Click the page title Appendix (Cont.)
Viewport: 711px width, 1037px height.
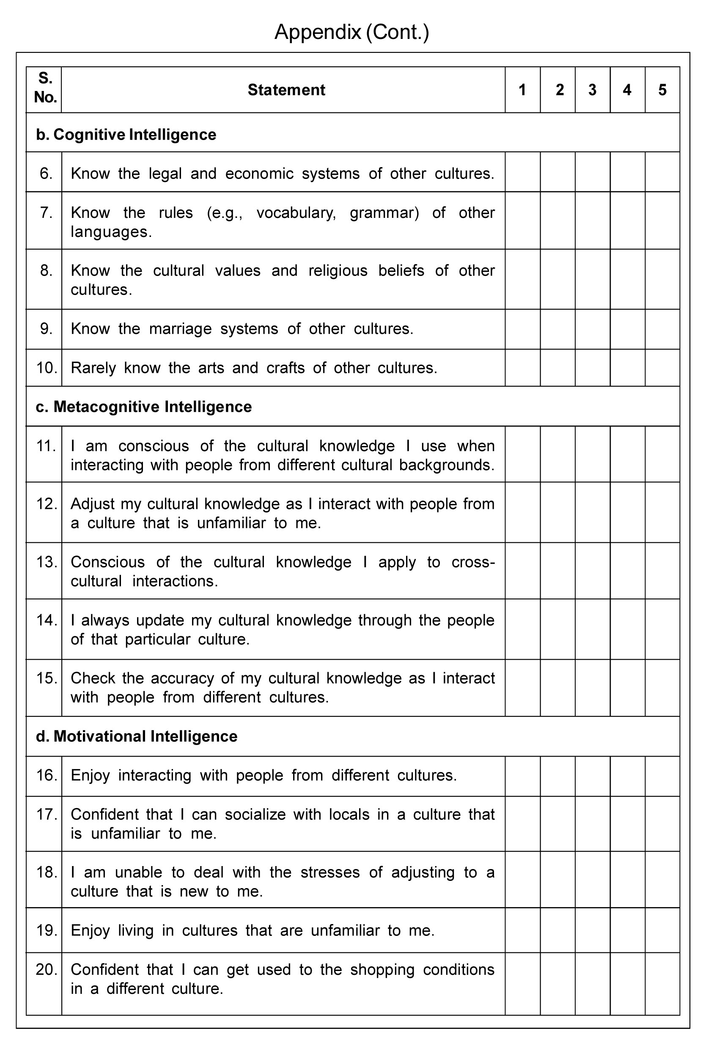tap(351, 32)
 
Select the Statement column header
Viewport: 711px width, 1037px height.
tap(286, 90)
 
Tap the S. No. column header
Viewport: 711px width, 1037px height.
tap(45, 88)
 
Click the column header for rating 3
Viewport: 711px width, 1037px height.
tap(592, 90)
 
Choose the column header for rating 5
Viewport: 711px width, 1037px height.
tap(662, 90)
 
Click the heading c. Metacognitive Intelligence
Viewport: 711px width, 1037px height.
tap(144, 407)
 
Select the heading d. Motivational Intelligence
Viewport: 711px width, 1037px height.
tap(137, 736)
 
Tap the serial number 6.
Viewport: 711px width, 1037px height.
tap(46, 173)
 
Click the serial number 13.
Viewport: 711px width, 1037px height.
tap(47, 562)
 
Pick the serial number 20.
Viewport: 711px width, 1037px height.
tap(47, 970)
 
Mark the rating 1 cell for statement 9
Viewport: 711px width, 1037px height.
tap(522, 329)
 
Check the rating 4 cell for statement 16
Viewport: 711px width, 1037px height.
tap(627, 776)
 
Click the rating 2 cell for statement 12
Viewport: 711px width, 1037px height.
tap(557, 512)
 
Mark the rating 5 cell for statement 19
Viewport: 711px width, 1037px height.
tap(662, 930)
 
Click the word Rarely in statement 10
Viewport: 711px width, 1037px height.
tap(93, 368)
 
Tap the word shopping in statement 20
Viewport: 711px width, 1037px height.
tap(382, 970)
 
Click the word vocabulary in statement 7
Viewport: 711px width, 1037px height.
tap(295, 213)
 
